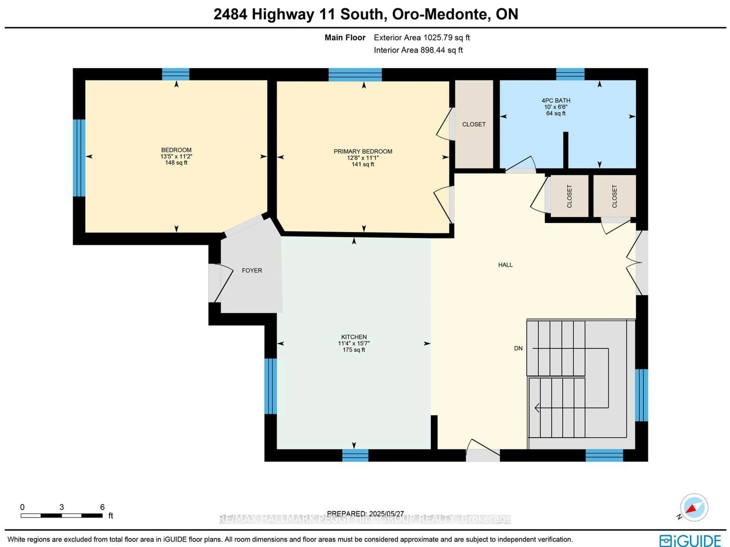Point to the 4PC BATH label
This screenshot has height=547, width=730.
556,100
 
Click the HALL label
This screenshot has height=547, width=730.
505,265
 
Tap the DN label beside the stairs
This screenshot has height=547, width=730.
518,348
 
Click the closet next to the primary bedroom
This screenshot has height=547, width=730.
474,124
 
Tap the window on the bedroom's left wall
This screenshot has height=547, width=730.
79,158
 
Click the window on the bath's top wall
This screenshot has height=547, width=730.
570,74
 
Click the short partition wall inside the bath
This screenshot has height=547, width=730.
565,150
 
